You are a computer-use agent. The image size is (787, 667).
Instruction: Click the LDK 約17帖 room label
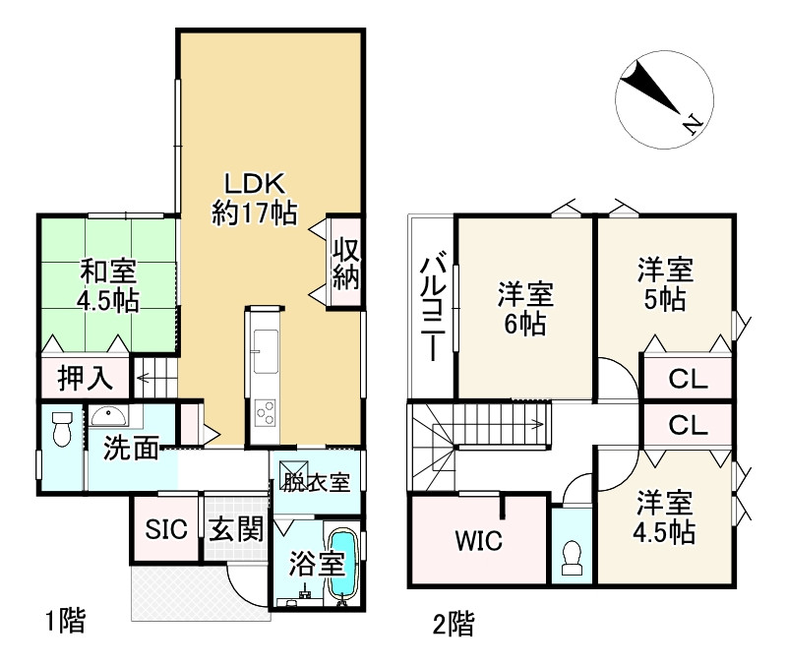point(254,198)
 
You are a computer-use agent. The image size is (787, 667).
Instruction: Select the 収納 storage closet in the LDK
point(343,263)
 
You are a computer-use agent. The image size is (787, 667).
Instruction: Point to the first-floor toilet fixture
point(61,431)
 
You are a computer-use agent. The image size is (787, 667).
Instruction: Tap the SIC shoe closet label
point(165,529)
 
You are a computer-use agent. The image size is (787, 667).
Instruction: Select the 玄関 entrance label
point(236,529)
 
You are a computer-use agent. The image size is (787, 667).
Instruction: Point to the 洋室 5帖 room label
point(664,282)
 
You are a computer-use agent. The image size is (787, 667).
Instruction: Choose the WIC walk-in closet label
point(478,539)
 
